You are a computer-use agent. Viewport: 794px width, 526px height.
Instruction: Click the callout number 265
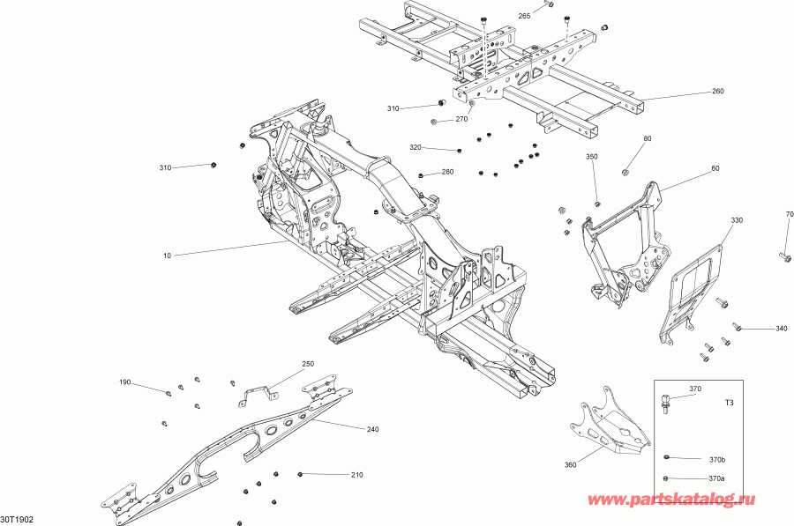tap(524, 17)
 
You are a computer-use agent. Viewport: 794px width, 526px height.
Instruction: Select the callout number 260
tap(717, 92)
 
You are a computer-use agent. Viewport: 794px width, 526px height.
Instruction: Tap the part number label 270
tap(461, 119)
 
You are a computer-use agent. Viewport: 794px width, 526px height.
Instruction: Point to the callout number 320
tap(416, 147)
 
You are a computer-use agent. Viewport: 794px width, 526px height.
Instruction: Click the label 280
tap(448, 172)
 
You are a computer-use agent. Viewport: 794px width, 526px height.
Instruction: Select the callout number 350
tap(592, 157)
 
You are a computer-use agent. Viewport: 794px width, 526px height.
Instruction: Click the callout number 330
tap(736, 219)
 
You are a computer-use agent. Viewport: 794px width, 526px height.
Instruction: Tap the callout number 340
tap(781, 329)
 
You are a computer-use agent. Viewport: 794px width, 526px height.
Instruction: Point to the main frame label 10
tap(167, 256)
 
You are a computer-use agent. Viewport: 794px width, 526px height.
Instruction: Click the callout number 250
tap(308, 364)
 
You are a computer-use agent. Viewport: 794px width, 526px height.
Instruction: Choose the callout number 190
tap(125, 382)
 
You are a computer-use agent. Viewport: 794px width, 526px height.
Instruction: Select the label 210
tap(356, 476)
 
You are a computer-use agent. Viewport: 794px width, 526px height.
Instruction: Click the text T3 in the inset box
tap(729, 403)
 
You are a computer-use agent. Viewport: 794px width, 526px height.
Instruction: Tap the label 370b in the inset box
tap(717, 460)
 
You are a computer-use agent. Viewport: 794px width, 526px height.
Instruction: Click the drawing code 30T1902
tap(19, 520)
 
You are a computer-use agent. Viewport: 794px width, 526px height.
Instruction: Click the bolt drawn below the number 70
tap(785, 256)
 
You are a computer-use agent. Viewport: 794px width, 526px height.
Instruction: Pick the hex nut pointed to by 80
tap(626, 171)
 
